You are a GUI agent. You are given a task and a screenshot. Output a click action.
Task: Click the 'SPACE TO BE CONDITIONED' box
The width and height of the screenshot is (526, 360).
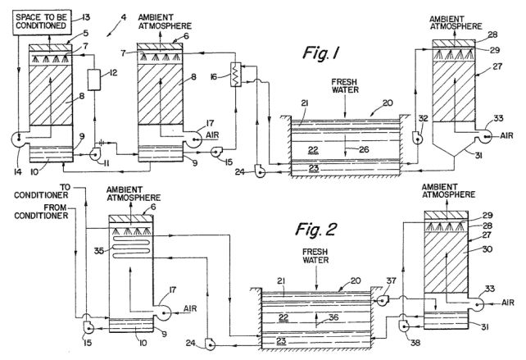[43, 22]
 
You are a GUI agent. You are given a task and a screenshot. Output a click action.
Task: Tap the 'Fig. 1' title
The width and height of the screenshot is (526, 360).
[321, 53]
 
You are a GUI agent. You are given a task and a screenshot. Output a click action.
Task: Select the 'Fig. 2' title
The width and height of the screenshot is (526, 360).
[315, 230]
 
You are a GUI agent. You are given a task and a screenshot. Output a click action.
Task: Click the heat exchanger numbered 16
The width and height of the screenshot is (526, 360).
[236, 75]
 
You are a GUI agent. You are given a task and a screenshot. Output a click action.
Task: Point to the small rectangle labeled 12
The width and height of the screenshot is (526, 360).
[94, 80]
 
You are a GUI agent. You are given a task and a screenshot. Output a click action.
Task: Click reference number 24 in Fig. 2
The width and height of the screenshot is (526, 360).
[191, 343]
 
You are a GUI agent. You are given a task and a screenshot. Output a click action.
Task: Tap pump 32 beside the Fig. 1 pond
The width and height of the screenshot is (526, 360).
[417, 137]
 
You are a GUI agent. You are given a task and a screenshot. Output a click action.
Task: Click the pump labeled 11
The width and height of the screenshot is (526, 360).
[94, 154]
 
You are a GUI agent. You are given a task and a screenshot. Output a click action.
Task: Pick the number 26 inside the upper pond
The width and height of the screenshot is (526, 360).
[364, 149]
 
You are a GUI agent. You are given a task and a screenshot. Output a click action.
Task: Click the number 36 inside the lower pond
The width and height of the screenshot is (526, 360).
[333, 317]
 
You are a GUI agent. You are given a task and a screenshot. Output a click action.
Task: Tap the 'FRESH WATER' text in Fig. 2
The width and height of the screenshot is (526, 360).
[315, 256]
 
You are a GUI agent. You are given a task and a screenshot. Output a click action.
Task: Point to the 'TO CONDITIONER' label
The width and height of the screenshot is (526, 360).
[41, 191]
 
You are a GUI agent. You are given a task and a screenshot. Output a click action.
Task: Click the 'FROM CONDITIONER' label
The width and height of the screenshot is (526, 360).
[41, 212]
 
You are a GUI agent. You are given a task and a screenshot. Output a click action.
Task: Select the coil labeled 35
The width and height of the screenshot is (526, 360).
[132, 247]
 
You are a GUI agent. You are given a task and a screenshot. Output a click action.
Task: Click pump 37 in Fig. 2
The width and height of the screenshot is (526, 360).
[382, 299]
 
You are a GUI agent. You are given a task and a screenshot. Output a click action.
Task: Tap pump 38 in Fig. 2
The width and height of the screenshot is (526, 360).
[403, 326]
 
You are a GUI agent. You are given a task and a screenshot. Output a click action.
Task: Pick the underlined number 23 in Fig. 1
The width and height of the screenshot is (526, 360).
[314, 167]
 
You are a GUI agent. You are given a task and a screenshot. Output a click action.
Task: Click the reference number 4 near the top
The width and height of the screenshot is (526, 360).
[124, 16]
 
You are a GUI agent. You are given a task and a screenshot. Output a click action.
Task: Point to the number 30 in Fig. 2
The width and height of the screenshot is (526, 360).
[487, 248]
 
